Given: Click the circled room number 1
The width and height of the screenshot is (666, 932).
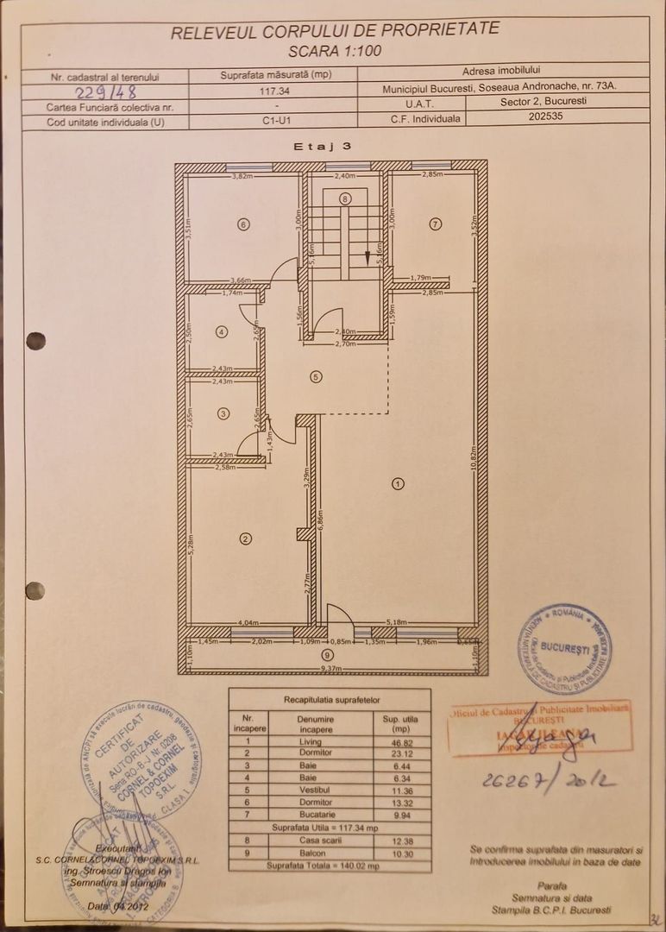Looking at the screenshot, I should click(398, 483).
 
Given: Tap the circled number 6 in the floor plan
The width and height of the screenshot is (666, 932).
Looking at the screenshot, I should click(244, 224).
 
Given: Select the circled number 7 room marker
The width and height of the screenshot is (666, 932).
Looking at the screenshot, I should click(436, 224).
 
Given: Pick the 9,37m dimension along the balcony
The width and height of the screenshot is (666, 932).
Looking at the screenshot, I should click(332, 668).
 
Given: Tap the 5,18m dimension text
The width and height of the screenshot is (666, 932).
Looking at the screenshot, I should click(397, 621).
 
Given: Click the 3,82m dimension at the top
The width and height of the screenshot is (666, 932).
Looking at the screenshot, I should click(244, 175).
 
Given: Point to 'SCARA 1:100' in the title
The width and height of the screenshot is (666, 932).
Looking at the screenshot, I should click(335, 51).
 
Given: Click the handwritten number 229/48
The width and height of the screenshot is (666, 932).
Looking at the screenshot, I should click(106, 91).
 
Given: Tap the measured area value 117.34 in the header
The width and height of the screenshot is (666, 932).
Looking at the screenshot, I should click(275, 89).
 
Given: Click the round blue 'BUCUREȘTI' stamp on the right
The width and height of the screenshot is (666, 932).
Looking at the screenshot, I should click(564, 649).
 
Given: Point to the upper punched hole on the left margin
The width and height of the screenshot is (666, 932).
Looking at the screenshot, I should click(35, 341).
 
